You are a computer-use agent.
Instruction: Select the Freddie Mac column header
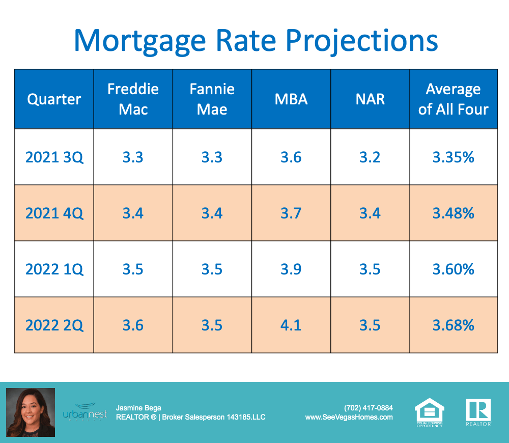tap(133, 99)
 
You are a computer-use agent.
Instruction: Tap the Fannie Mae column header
tap(212, 99)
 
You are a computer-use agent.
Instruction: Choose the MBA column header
tap(291, 99)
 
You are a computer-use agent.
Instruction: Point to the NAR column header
tap(370, 99)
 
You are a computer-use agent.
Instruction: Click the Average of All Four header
tap(453, 99)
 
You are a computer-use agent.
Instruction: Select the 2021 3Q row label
tap(54, 157)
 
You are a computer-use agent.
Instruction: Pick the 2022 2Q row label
tap(54, 325)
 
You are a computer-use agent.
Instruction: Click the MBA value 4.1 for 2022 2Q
tap(291, 325)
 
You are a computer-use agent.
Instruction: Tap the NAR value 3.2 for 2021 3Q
tap(370, 157)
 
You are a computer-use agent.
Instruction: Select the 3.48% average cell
tap(453, 213)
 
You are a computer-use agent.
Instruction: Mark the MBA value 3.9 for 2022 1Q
tap(291, 269)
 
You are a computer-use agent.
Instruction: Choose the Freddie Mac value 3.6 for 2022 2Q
tap(133, 325)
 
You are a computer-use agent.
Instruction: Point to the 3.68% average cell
tap(453, 325)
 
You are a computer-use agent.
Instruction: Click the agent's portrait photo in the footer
tap(30, 412)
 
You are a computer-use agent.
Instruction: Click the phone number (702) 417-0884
tap(368, 408)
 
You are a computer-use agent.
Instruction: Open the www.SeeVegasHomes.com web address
tap(349, 417)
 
